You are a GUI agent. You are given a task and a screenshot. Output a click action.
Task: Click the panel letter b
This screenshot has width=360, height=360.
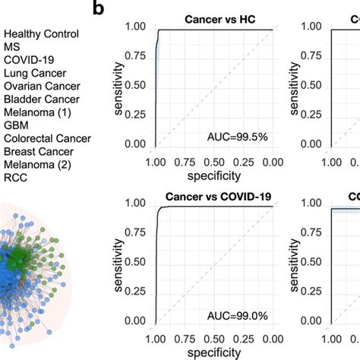(98, 9)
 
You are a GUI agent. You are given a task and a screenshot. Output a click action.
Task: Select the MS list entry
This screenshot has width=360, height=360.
(12, 47)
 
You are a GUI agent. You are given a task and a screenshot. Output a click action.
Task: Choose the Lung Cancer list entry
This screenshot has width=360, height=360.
(35, 74)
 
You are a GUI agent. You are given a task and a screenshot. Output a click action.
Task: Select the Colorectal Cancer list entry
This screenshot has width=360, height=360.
(47, 138)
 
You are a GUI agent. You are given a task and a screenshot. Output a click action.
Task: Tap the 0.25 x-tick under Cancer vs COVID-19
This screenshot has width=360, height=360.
(244, 339)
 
